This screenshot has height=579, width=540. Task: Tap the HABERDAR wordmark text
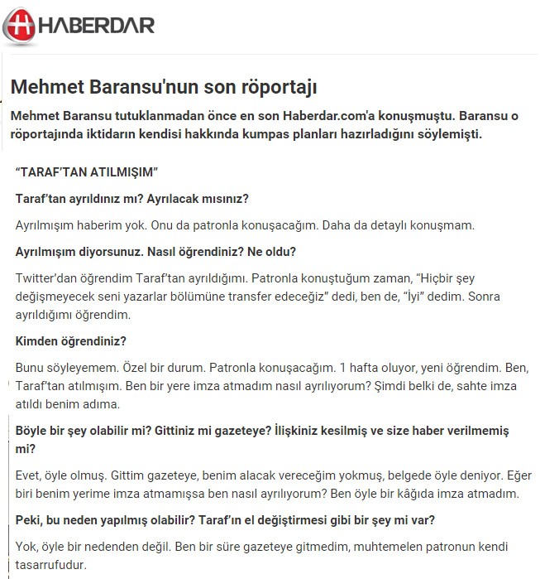click(98, 25)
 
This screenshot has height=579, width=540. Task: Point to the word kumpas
click(281, 133)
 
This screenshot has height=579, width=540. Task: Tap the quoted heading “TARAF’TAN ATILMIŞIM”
click(87, 172)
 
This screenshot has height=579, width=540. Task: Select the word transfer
click(275, 296)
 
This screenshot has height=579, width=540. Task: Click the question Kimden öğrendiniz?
click(71, 340)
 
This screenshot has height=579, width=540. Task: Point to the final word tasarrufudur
click(50, 565)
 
